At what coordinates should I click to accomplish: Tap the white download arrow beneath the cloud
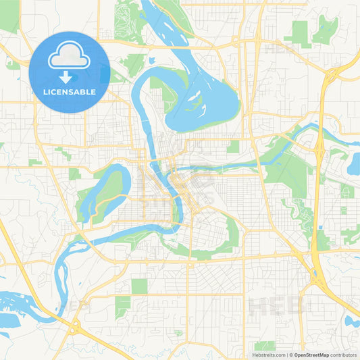[70, 78]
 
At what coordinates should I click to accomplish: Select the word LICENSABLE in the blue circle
[70, 92]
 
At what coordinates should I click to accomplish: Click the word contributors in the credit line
[343, 355]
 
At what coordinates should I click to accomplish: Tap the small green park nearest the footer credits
[264, 345]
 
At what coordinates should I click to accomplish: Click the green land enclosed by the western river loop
[101, 192]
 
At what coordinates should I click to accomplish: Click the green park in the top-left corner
[9, 17]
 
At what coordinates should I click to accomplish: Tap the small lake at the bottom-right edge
[353, 321]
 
